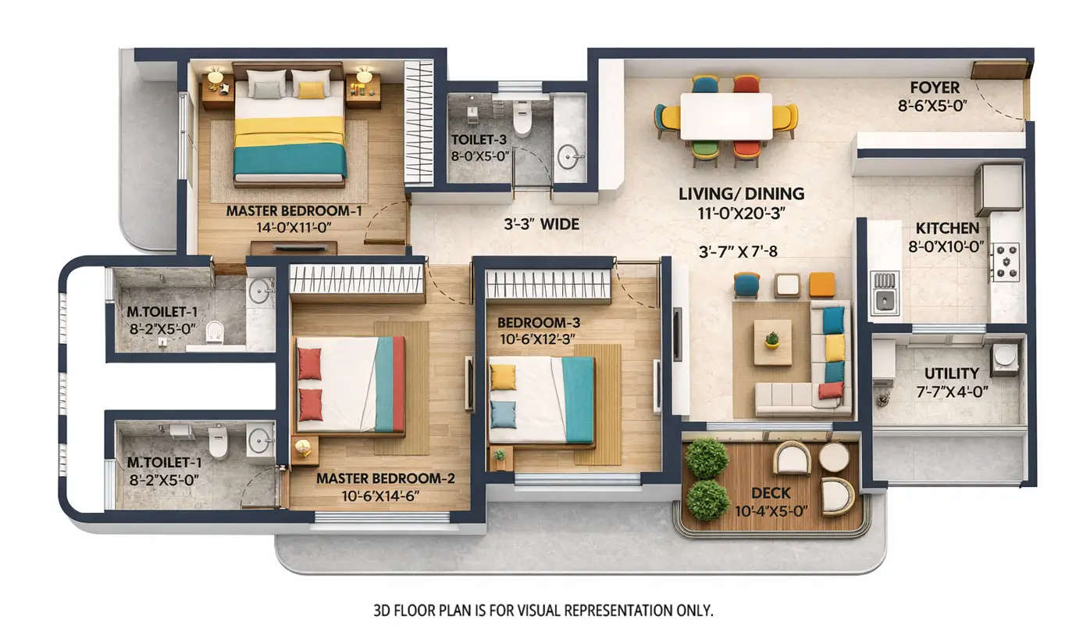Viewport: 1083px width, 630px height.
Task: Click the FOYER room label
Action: click(x=935, y=87)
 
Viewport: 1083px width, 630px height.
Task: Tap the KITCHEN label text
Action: click(x=947, y=228)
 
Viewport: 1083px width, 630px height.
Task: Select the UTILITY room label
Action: click(x=951, y=374)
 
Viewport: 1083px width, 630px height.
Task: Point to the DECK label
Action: click(x=771, y=493)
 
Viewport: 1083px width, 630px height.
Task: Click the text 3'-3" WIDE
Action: click(x=540, y=224)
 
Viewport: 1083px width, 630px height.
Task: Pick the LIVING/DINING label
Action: click(x=741, y=194)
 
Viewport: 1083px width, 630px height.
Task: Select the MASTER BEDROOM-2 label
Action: click(x=386, y=478)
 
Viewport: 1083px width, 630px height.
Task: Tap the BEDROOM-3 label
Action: click(x=538, y=323)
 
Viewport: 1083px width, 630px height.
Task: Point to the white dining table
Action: click(x=725, y=116)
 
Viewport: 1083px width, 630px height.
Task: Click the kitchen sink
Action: click(x=884, y=292)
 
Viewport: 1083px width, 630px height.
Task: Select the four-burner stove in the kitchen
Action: click(x=1005, y=262)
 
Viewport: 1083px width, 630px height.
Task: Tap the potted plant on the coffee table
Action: click(x=771, y=339)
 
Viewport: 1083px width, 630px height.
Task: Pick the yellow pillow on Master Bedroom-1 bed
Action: click(x=311, y=90)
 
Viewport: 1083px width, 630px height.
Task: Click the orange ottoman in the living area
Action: click(x=821, y=285)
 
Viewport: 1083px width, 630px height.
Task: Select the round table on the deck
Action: click(x=834, y=457)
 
